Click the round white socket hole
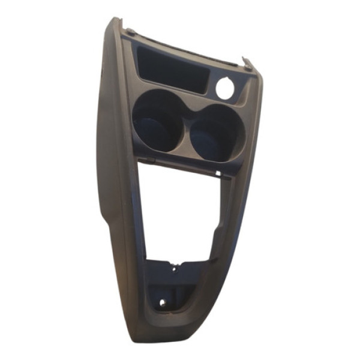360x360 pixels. (x=224, y=88)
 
